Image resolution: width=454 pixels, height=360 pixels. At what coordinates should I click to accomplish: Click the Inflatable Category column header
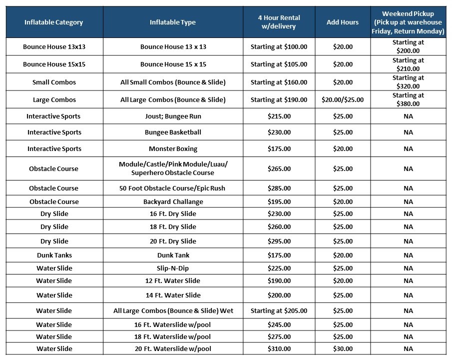coord(53,22)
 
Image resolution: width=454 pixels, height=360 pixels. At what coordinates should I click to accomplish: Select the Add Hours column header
coord(343,22)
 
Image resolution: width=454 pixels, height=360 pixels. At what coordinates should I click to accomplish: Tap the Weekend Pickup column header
coord(408,22)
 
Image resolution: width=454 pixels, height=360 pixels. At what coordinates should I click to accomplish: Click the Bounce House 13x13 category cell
coord(54,46)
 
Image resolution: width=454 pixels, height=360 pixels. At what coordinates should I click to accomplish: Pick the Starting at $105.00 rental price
coord(279,64)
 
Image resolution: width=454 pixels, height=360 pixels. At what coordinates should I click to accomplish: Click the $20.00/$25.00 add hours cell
coord(343,99)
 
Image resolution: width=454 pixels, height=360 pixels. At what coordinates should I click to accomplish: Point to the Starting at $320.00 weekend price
coord(408,82)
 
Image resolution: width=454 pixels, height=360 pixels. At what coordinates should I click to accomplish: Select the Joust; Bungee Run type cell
coord(173,116)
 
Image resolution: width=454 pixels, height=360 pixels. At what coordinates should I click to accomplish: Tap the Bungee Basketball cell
coord(173,132)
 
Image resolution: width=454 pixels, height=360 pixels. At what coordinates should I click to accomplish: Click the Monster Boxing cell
coord(173,148)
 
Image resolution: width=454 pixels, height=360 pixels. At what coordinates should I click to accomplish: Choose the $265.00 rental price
coord(279,168)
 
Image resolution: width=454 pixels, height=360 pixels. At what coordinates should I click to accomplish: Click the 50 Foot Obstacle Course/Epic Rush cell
coord(172,188)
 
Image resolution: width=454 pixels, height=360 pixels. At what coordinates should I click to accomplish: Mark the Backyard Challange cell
coord(173,201)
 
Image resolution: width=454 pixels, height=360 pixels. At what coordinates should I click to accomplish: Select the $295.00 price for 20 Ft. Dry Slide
coord(279,241)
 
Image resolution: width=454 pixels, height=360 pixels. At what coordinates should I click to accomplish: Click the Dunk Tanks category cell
coord(54,255)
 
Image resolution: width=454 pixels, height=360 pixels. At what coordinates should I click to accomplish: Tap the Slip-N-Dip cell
coord(173,268)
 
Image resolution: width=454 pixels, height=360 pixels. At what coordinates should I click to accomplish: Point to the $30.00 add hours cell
coord(343,348)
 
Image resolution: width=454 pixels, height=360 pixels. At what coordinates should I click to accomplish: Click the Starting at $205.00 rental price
coord(279,310)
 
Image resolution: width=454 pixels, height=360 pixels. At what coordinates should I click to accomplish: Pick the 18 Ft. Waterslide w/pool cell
coord(173,337)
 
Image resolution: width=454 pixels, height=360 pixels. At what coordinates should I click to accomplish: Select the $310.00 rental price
coord(279,348)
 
